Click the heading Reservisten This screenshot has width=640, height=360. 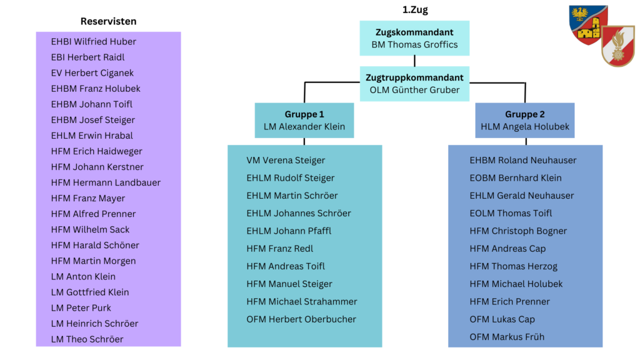(x=108, y=21)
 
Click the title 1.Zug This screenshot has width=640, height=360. (x=415, y=10)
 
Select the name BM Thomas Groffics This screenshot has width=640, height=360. (x=414, y=44)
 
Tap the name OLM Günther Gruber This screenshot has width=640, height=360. (x=414, y=90)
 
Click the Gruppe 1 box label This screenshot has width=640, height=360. (x=304, y=114)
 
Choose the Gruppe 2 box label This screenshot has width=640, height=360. (x=525, y=114)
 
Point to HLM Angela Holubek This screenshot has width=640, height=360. (x=525, y=127)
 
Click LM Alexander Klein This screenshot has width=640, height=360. (x=304, y=127)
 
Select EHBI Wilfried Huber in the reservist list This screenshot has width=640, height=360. (x=94, y=42)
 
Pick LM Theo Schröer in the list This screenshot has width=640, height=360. (x=87, y=339)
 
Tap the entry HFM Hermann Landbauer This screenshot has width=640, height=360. (x=106, y=182)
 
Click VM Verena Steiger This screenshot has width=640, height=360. (x=286, y=161)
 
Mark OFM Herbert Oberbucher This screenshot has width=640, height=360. (x=301, y=319)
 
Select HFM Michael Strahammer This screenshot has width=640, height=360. (x=302, y=302)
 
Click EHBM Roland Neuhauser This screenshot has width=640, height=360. (x=523, y=161)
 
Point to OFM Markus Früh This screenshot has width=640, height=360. (x=507, y=337)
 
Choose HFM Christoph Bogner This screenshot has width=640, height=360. (x=518, y=231)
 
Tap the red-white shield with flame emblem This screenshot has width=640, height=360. (x=617, y=46)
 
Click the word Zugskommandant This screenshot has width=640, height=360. (x=414, y=32)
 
